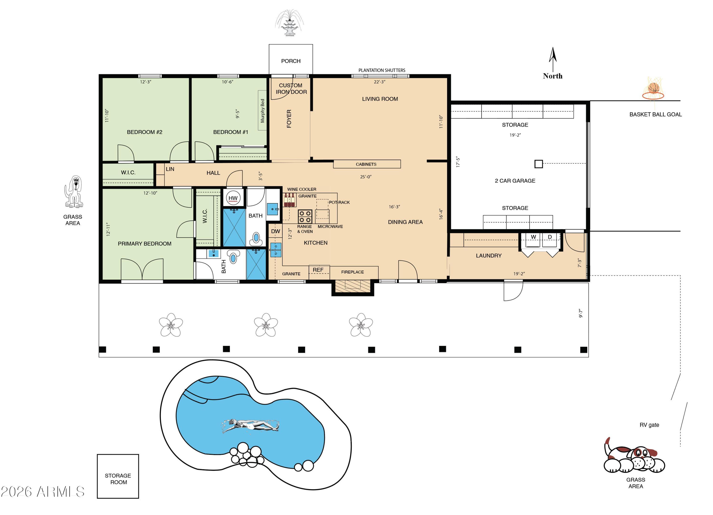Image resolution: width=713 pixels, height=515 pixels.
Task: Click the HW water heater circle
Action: pyautogui.click(x=233, y=198)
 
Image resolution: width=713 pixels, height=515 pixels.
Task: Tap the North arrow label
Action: pyautogui.click(x=552, y=76)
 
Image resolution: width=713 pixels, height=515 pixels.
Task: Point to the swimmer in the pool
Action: pyautogui.click(x=250, y=426)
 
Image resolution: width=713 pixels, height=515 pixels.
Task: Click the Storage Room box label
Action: pyautogui.click(x=118, y=479)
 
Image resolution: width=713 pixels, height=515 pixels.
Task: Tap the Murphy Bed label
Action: pyautogui.click(x=262, y=111)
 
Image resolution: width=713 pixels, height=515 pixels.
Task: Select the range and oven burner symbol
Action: pyautogui.click(x=305, y=216)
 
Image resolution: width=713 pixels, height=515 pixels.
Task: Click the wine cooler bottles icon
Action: pyautogui.click(x=289, y=200)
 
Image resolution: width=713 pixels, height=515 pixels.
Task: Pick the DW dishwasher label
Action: pyautogui.click(x=276, y=231)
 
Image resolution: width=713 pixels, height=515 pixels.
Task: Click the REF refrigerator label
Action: pyautogui.click(x=318, y=270)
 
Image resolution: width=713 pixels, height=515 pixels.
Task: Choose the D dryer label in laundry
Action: pyautogui.click(x=550, y=237)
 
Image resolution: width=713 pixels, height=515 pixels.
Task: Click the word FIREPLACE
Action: pyautogui.click(x=352, y=272)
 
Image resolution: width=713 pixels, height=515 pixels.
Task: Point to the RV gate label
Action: pyautogui.click(x=649, y=425)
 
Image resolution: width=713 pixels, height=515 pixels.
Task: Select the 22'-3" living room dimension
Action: pyautogui.click(x=380, y=82)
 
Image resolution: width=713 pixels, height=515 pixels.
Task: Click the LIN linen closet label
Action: pyautogui.click(x=170, y=169)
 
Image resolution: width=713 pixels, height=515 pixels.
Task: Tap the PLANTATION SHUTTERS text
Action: pyautogui.click(x=382, y=70)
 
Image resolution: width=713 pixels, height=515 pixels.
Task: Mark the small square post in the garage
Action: pyautogui.click(x=539, y=164)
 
